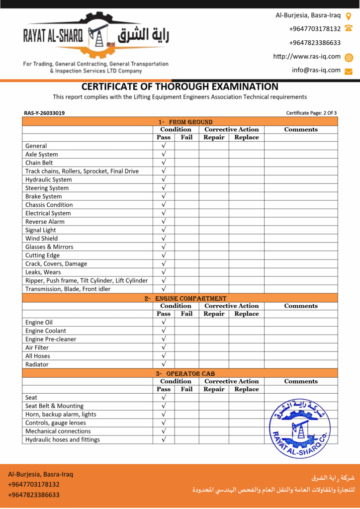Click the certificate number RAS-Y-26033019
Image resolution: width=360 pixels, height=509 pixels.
click(x=44, y=113)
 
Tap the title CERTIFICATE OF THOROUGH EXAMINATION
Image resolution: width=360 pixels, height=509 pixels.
click(x=180, y=86)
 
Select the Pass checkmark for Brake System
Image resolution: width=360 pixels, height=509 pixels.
click(x=164, y=196)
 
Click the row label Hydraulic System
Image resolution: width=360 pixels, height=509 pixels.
click(x=49, y=179)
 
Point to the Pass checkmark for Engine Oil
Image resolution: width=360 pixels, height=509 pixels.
click(x=164, y=322)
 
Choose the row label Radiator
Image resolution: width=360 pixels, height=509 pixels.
click(x=37, y=364)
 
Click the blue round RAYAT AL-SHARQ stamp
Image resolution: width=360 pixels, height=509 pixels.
click(x=300, y=427)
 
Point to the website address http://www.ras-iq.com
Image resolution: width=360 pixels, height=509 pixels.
click(x=307, y=57)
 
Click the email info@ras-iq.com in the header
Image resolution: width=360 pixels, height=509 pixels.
click(x=316, y=70)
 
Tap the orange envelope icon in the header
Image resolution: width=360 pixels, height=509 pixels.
click(x=349, y=71)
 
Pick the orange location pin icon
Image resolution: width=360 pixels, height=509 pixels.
click(x=349, y=16)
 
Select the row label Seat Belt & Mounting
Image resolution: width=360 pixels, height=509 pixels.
click(x=55, y=406)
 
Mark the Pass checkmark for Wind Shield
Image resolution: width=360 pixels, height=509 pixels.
click(x=164, y=238)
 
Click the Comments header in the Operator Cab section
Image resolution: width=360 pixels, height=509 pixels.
click(x=301, y=381)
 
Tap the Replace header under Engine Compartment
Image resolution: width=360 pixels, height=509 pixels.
click(x=247, y=314)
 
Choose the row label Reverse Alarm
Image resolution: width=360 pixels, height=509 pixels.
click(x=45, y=222)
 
